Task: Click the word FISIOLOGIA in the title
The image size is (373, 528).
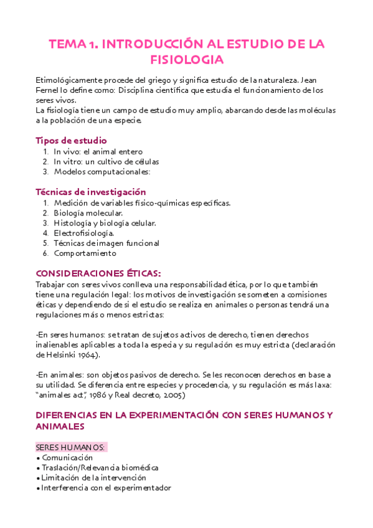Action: (x=186, y=60)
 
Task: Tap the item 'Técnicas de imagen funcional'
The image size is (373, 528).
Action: (x=106, y=243)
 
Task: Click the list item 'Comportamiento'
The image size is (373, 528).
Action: (x=85, y=253)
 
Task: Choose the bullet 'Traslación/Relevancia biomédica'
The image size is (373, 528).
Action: (x=100, y=468)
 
